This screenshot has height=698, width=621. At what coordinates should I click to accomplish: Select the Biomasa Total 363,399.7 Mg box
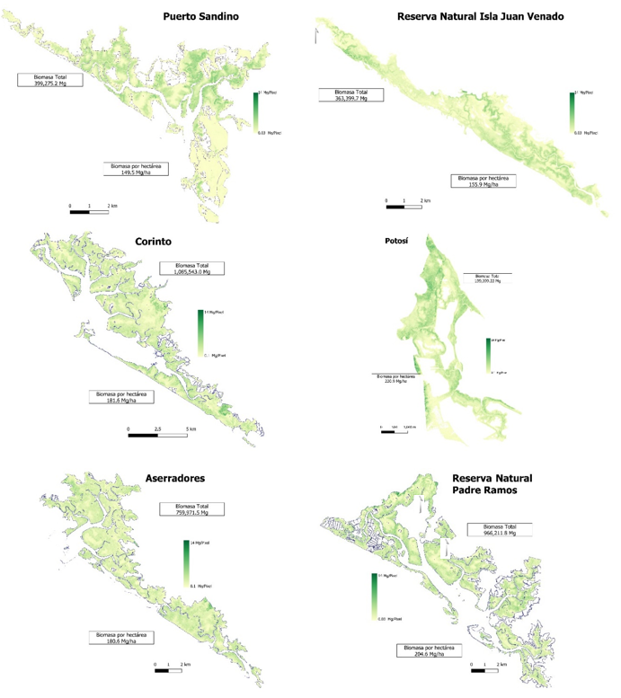click(x=350, y=94)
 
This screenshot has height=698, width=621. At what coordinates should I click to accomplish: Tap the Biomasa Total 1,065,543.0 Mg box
click(x=191, y=268)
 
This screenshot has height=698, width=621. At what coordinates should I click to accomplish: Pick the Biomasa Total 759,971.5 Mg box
click(x=191, y=508)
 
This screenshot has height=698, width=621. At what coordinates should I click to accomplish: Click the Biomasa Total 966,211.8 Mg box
click(x=499, y=529)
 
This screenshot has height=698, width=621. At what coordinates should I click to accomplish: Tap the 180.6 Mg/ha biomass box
click(x=120, y=638)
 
